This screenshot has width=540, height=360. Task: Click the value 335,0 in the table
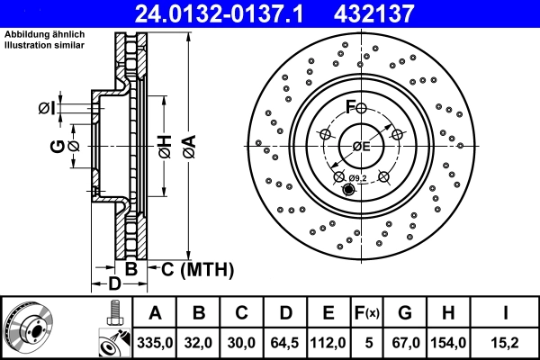pos(155,342)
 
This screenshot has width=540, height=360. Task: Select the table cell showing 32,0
pos(200,342)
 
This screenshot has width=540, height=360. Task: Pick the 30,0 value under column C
pos(242,342)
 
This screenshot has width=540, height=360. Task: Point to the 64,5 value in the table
pos(285,342)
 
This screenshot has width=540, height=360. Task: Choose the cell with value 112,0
pos(328,342)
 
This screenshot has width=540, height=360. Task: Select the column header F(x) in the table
pos(368,313)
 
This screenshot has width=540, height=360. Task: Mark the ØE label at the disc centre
pos(361,146)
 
